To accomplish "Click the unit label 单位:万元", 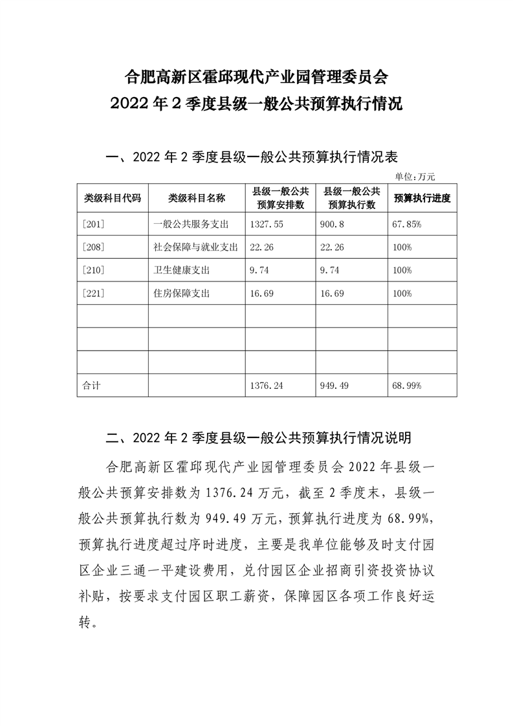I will (x=415, y=177).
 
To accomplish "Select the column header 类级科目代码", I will (x=113, y=198).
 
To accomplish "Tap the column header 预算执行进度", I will (x=422, y=198).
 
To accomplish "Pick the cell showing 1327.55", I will (x=267, y=225).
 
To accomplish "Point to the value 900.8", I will (x=334, y=225).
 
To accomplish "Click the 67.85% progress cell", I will (x=407, y=225).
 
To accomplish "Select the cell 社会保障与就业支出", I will (x=196, y=247).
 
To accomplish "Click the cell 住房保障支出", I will (x=182, y=293).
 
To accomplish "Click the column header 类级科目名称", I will (x=197, y=198).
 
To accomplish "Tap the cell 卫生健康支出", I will (x=182, y=270).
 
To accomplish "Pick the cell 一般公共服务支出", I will (x=191, y=225).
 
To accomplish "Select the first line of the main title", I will (x=256, y=79).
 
